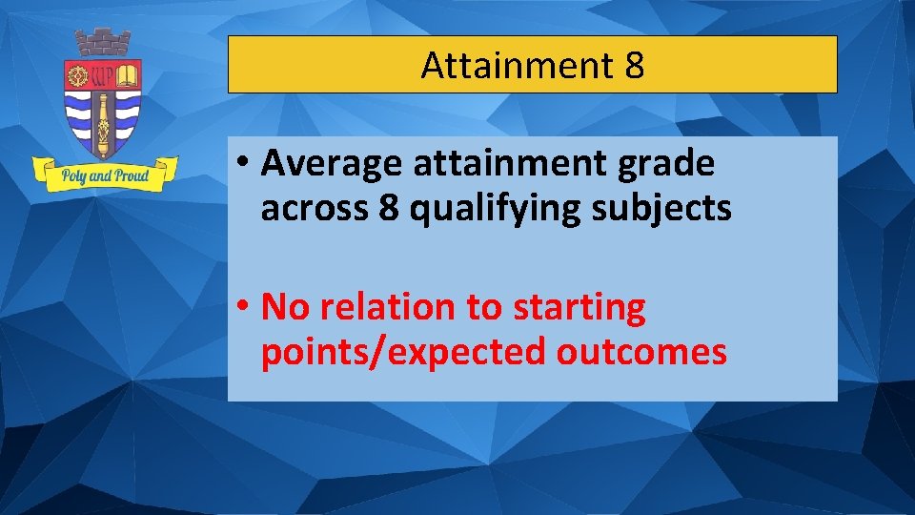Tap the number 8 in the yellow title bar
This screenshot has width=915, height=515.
pyautogui.click(x=635, y=66)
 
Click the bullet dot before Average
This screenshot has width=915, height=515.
pyautogui.click(x=245, y=165)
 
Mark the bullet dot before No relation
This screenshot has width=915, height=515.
pyautogui.click(x=245, y=308)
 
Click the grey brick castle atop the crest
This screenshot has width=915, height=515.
pyautogui.click(x=103, y=43)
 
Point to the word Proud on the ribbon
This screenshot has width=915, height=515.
pyautogui.click(x=131, y=176)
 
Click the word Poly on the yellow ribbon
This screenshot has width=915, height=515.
pyautogui.click(x=76, y=176)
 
